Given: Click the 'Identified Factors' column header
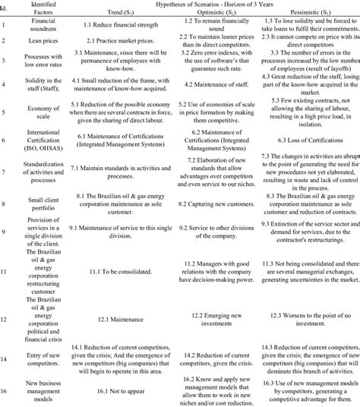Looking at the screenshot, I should (x=40, y=11).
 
